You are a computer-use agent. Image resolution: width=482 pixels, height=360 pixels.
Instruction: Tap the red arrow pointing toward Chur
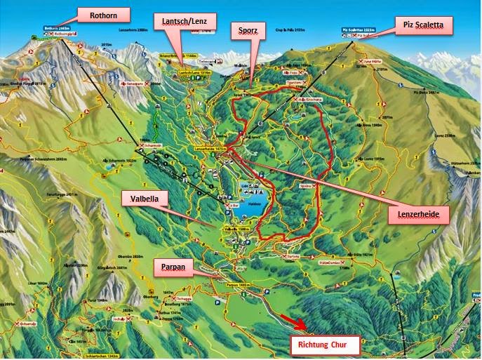pyautogui.click(x=294, y=323)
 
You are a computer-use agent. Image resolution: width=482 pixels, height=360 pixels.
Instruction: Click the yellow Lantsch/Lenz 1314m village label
pyautogui.click(x=196, y=73)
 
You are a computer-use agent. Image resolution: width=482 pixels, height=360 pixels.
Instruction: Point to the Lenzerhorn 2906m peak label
pyautogui.click(x=136, y=30)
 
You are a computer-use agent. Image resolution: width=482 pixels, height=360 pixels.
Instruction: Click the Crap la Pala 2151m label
pyautogui.click(x=290, y=30)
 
